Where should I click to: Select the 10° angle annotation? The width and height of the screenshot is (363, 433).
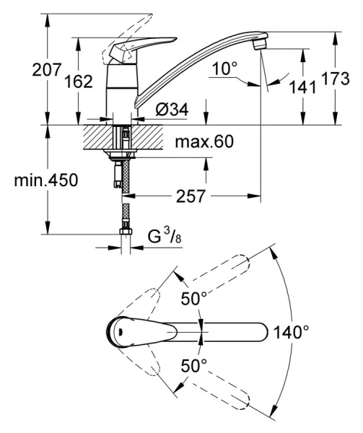click(x=224, y=69)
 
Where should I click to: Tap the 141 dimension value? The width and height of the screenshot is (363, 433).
click(x=303, y=87)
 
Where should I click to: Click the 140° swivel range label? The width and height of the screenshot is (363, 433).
click(x=292, y=332)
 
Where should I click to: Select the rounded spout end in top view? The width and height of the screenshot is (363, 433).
click(x=260, y=332)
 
